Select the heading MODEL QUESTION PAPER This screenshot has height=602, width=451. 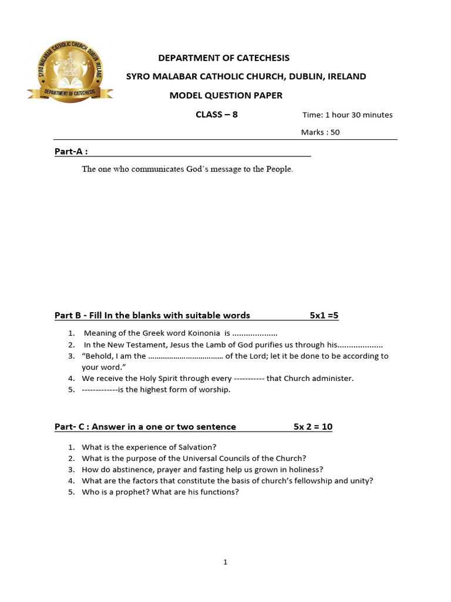pyautogui.click(x=226, y=95)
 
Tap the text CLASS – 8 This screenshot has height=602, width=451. pyautogui.click(x=217, y=115)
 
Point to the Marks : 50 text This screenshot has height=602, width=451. pyautogui.click(x=321, y=132)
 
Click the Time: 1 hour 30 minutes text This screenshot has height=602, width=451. pyautogui.click(x=348, y=115)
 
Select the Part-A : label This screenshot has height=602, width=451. pyautogui.click(x=71, y=152)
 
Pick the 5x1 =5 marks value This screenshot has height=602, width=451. pyautogui.click(x=324, y=316)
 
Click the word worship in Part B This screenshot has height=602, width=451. pyautogui.click(x=215, y=390)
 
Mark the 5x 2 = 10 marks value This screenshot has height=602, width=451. pyautogui.click(x=313, y=427)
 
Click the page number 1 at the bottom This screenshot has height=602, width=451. pyautogui.click(x=225, y=563)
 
